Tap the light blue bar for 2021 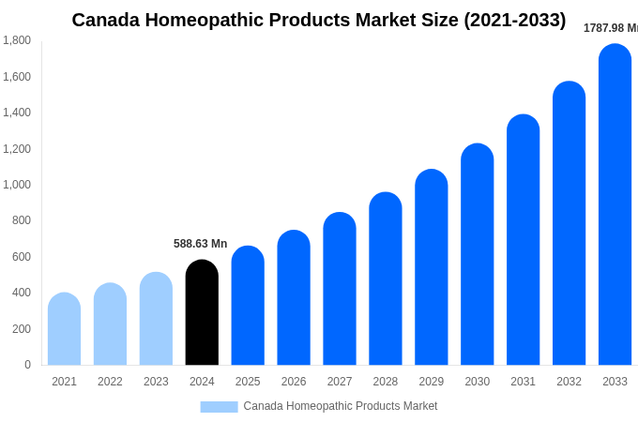tap(64, 329)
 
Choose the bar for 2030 tap(477, 254)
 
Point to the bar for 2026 tap(294, 297)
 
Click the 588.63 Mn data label tap(200, 244)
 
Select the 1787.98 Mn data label tap(610, 28)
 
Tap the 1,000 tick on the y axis tap(16, 185)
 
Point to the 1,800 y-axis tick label tap(16, 40)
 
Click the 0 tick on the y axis tap(27, 365)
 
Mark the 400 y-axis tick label tap(21, 293)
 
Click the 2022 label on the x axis tap(110, 382)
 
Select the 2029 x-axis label tap(432, 382)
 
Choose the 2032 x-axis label tap(569, 382)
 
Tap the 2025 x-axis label tap(248, 382)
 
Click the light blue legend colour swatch tap(219, 407)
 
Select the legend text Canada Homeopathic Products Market tap(341, 406)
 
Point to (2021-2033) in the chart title tap(515, 20)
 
